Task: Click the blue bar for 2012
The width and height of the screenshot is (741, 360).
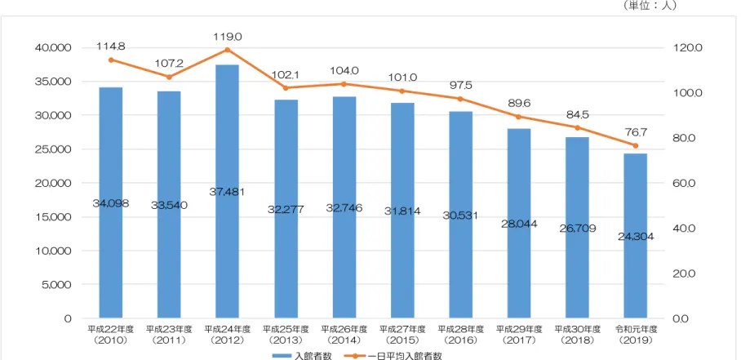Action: coord(228,191)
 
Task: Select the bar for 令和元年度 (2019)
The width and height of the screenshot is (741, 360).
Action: coord(635,236)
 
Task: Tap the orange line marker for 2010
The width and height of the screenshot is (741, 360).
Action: coord(111,60)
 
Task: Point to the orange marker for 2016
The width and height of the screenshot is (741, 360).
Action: coord(460,99)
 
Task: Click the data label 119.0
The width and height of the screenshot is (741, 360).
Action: coord(229,37)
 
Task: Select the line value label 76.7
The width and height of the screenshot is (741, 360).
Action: coord(635,132)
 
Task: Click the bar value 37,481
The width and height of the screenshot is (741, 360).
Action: coord(228,192)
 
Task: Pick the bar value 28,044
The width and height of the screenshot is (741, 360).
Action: coord(519,224)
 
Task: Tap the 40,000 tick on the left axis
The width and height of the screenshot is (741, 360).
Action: coord(53,47)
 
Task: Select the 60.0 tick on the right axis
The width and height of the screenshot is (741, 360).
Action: coord(682,184)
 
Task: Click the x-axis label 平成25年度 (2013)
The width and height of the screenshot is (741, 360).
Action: coord(286,335)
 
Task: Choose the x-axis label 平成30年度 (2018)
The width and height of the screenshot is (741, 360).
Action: coord(577,335)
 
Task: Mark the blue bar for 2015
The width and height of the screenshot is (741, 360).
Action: coord(402,211)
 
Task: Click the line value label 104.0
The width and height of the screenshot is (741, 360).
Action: coord(345,71)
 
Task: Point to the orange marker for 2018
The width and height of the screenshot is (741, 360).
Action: coord(577,127)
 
